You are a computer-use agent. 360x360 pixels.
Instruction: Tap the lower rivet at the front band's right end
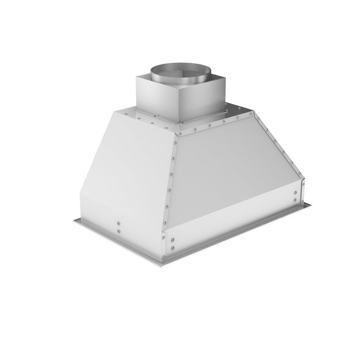pos(295,200)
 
